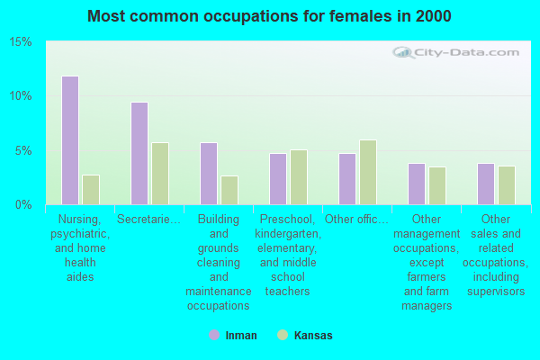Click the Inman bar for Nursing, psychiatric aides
click(69, 140)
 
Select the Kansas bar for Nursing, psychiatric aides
click(91, 190)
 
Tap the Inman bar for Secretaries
click(139, 153)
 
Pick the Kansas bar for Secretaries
click(160, 174)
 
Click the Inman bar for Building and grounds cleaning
click(208, 174)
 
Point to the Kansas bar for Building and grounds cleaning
click(229, 190)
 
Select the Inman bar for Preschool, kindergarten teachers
click(277, 179)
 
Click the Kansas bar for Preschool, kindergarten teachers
click(299, 177)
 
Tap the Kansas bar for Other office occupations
click(368, 172)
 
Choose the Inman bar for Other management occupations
click(416, 184)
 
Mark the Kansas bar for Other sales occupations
click(507, 185)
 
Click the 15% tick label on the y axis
click(21, 42)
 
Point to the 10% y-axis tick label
click(21, 96)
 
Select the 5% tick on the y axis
click(24, 150)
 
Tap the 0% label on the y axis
click(24, 204)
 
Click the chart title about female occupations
click(270, 16)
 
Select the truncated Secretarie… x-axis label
click(149, 219)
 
